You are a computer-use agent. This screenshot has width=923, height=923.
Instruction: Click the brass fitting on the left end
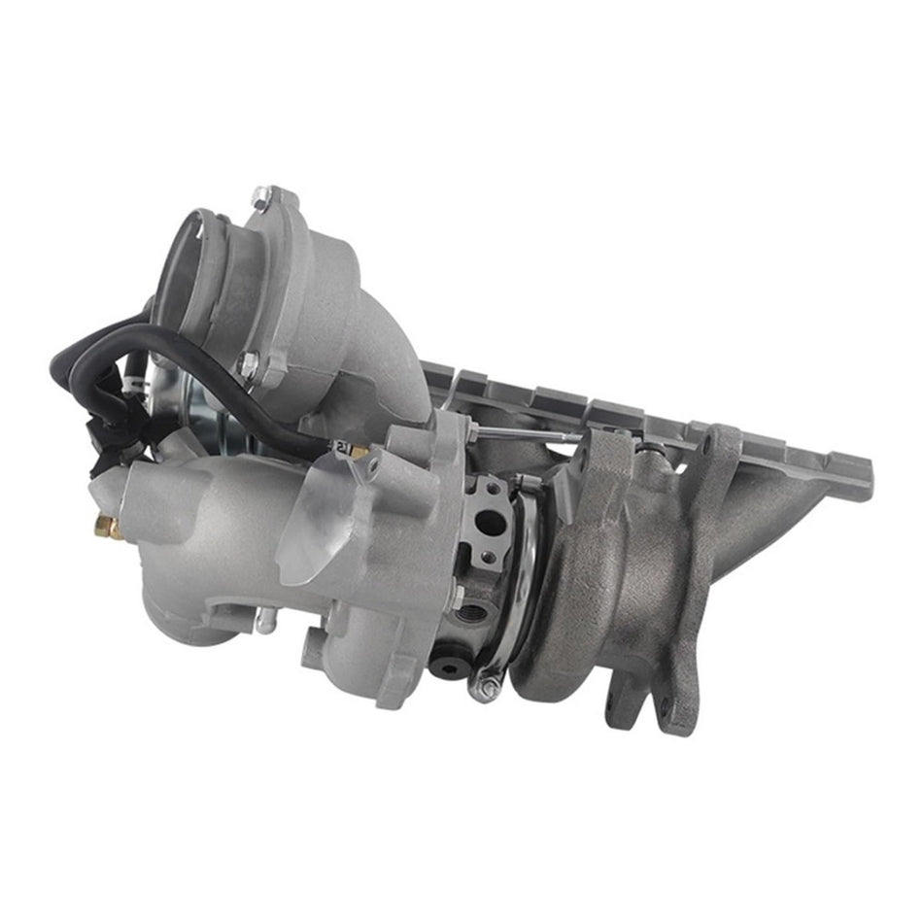tap(108, 529)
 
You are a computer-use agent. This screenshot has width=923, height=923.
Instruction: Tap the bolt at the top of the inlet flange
tap(259, 200)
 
